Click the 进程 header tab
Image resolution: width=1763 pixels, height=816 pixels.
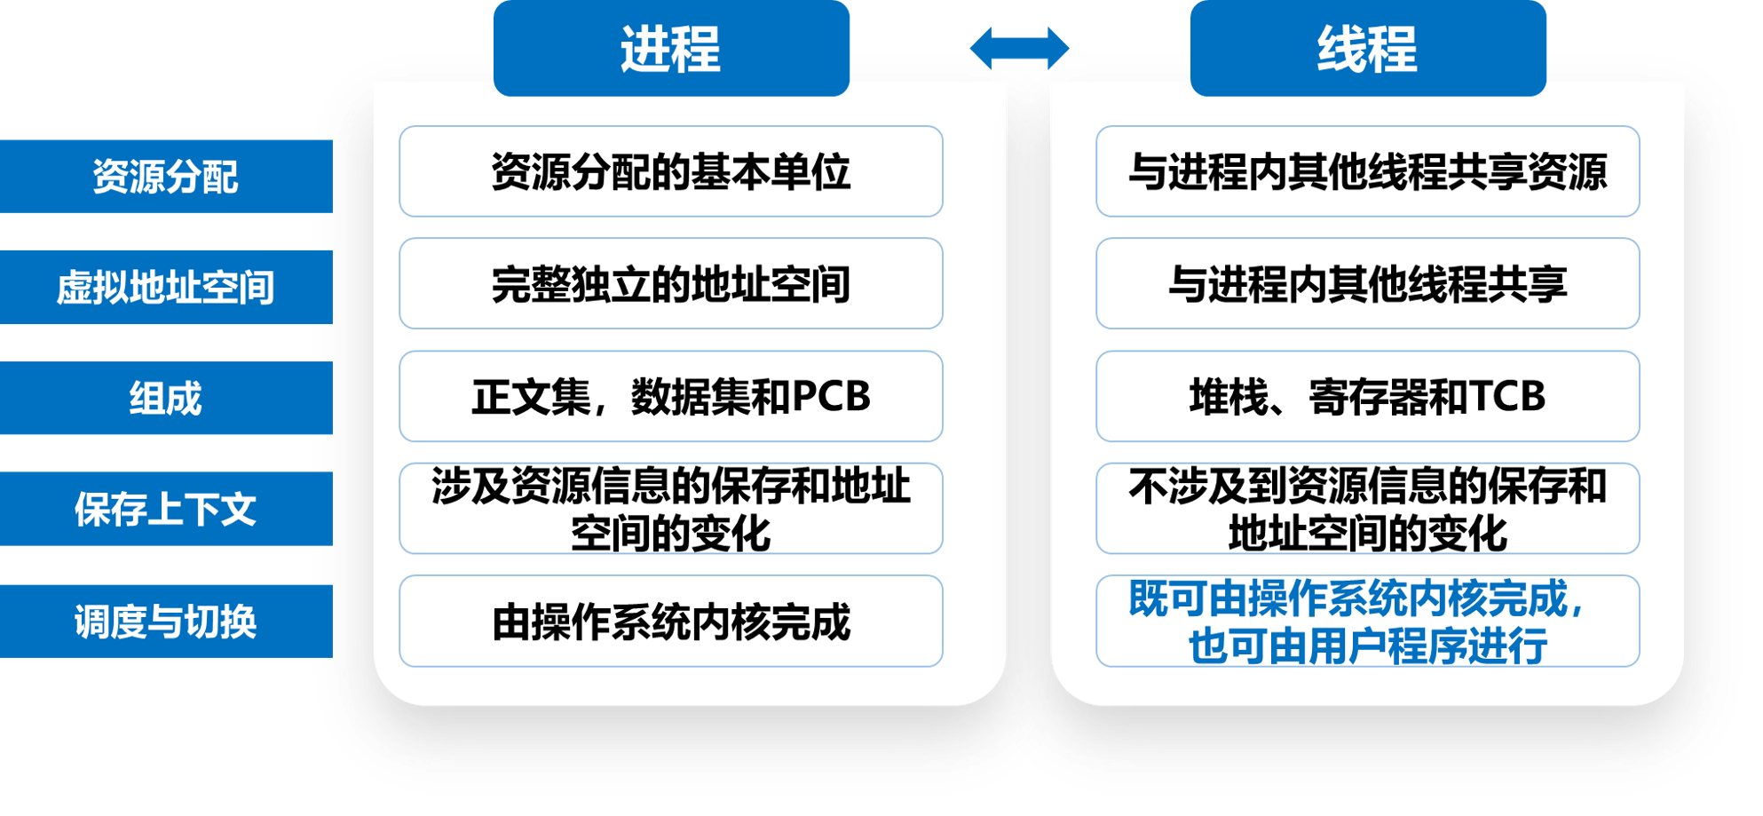coord(671,48)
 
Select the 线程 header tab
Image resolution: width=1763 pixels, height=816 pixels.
coord(1367,48)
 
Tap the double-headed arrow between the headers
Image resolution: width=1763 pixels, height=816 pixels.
coord(1019,48)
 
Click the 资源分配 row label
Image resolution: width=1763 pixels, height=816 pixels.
coord(166,177)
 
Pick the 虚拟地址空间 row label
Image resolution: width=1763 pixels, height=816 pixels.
coord(166,288)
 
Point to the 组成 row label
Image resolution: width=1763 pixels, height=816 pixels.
coord(166,399)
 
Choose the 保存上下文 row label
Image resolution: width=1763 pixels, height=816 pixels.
coord(166,510)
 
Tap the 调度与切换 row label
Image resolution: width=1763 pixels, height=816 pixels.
coord(166,622)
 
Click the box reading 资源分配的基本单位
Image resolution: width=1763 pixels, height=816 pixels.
coord(671,171)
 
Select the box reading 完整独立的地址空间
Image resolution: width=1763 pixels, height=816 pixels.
coord(671,284)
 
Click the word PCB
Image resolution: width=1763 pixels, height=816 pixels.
coord(831,396)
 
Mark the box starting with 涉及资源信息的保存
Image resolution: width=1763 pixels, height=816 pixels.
coord(671,509)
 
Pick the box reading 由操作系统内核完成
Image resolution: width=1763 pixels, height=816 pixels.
coord(671,622)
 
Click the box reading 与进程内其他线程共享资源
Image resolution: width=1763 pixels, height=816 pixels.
coord(1367,171)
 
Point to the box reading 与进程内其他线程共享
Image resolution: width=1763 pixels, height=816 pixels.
coord(1367,284)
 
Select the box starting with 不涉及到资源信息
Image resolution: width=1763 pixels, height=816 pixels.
coord(1367,509)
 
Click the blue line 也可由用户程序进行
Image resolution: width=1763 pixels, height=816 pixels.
coord(1367,646)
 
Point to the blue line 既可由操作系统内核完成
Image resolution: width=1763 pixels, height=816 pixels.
coord(1356,598)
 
